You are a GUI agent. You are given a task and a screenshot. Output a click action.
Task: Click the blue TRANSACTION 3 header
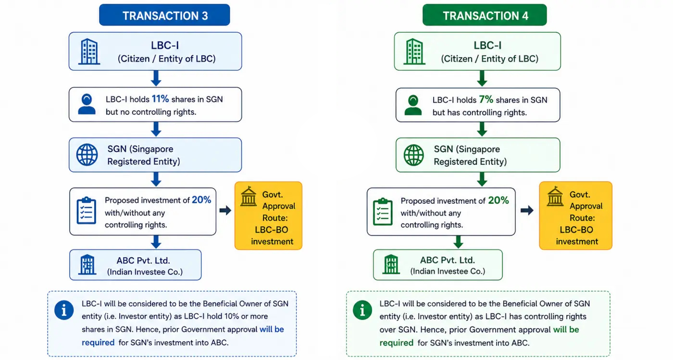coord(164,15)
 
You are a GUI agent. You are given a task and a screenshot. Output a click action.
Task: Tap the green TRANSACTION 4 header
coord(485,15)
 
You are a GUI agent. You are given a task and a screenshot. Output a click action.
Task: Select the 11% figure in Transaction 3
coord(160,99)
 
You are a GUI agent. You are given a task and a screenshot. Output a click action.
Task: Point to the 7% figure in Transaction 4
coord(486,99)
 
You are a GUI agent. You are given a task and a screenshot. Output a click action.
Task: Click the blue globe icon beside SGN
coord(87,155)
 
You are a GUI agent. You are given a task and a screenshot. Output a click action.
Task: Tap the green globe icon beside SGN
coord(413,155)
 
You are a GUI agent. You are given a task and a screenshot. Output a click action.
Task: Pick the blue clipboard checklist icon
coord(86,211)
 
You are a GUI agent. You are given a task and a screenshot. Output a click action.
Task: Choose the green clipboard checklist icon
coord(383,211)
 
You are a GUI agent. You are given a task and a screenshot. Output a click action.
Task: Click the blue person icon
coord(87,104)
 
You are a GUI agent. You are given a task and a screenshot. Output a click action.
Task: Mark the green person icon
coord(413,105)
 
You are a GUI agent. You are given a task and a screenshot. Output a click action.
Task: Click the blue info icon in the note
coord(64,310)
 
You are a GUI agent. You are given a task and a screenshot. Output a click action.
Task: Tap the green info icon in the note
coord(362,310)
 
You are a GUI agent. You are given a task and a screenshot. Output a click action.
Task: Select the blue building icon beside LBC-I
coord(89,51)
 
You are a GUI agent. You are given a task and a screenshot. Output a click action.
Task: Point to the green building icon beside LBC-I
coord(414,51)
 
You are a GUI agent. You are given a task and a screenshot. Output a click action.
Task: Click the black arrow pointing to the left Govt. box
coord(225,210)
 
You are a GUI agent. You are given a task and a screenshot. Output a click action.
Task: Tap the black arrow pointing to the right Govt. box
coord(527,210)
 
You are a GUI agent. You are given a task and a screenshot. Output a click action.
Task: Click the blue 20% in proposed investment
coord(201,199)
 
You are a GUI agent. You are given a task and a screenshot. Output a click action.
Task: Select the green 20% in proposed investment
coord(499,200)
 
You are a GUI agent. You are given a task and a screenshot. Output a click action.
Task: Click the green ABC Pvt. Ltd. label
coord(448,260)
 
